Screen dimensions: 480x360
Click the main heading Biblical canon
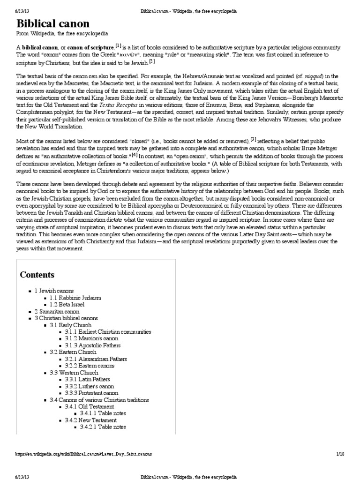coord(52,24)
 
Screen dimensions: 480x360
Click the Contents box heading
coord(37,275)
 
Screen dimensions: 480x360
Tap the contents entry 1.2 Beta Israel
coord(67,304)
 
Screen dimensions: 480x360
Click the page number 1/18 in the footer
coord(340,454)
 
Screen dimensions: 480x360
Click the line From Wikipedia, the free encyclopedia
coord(63,34)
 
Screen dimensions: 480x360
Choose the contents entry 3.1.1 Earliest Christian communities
coord(108,331)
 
